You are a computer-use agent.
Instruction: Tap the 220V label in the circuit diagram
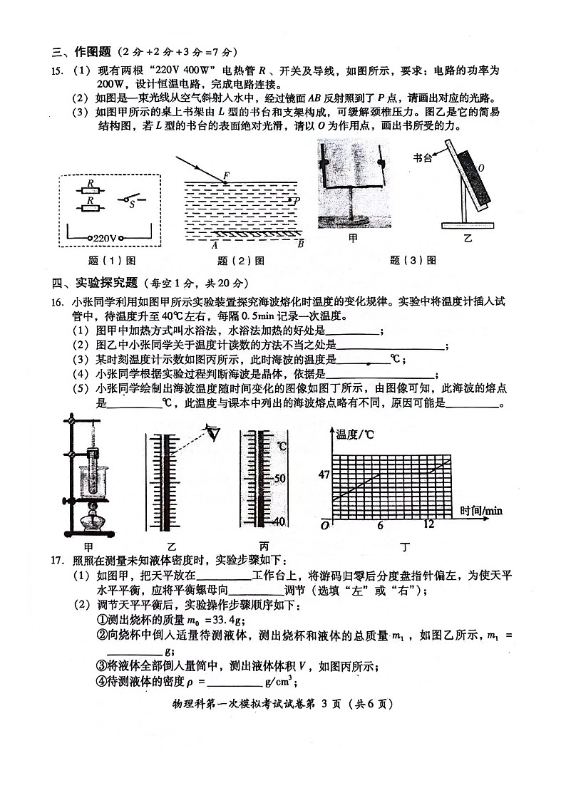click(x=105, y=238)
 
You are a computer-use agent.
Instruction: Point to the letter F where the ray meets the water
click(x=227, y=175)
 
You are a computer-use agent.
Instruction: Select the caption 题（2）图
click(x=240, y=261)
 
